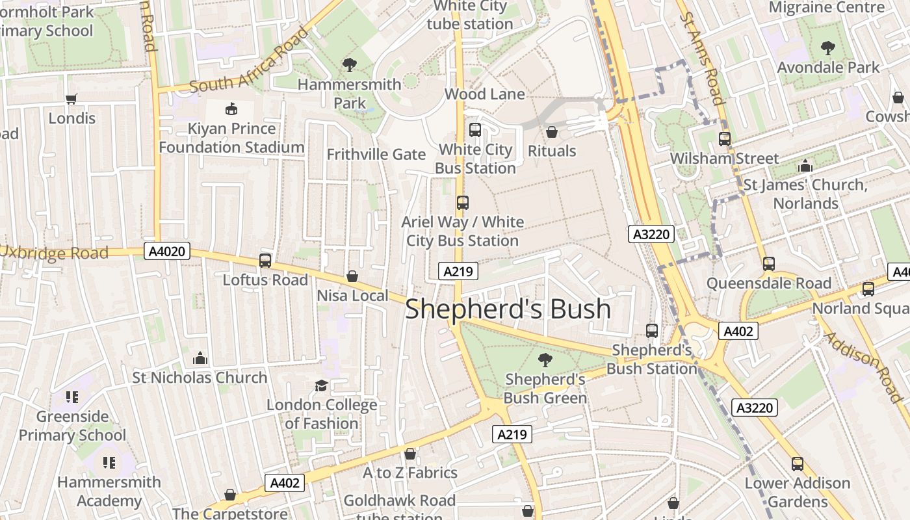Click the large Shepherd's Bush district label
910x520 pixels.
tap(508, 309)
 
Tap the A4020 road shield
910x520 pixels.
tap(167, 252)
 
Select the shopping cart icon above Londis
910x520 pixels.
tap(71, 99)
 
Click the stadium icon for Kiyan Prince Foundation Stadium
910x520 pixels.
tap(231, 109)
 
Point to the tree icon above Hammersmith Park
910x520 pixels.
tap(349, 64)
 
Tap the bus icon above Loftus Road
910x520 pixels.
tap(265, 261)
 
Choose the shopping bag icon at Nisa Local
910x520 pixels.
tap(352, 277)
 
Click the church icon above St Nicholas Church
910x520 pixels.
tap(200, 358)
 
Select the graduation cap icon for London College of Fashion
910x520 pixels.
tap(321, 386)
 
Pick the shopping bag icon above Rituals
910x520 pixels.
tap(551, 132)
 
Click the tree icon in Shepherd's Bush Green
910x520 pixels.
tap(545, 359)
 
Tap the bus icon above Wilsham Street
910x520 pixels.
tap(724, 139)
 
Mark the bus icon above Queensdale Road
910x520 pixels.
tap(768, 264)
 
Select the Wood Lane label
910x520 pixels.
tap(484, 94)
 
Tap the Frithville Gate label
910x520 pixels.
tap(376, 155)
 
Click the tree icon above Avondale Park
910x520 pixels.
tap(827, 48)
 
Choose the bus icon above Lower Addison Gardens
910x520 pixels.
tap(797, 464)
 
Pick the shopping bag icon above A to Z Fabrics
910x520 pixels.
tap(409, 454)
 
